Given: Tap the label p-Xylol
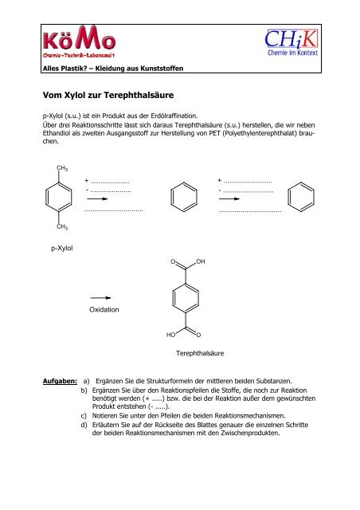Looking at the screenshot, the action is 62,249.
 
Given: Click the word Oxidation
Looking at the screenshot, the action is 104,308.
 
